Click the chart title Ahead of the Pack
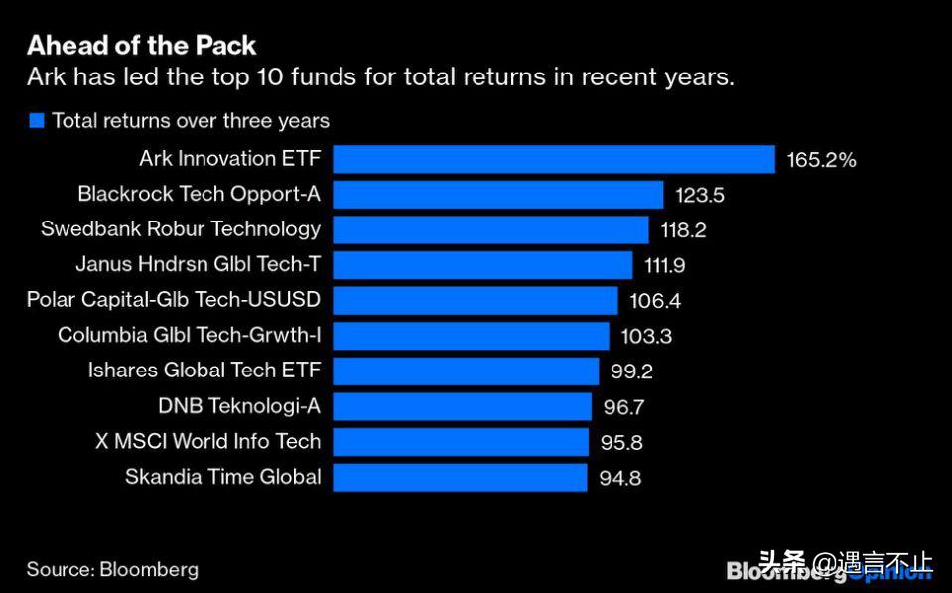click(x=141, y=45)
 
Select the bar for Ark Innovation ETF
click(x=553, y=159)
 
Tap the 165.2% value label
click(x=821, y=159)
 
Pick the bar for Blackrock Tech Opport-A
click(x=497, y=195)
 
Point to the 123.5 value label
click(x=700, y=195)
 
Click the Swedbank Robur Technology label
click(x=181, y=229)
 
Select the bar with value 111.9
click(x=482, y=265)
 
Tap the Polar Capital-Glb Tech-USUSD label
click(x=174, y=300)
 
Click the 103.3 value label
click(x=646, y=336)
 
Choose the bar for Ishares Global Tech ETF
click(x=466, y=371)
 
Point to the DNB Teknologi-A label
click(x=239, y=406)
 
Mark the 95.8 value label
click(x=621, y=442)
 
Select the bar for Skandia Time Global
click(x=460, y=477)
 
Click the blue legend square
click(x=37, y=121)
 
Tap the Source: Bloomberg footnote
click(x=112, y=570)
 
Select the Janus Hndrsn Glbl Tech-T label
click(x=199, y=264)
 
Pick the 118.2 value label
click(x=683, y=230)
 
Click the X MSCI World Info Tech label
click(x=208, y=442)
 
